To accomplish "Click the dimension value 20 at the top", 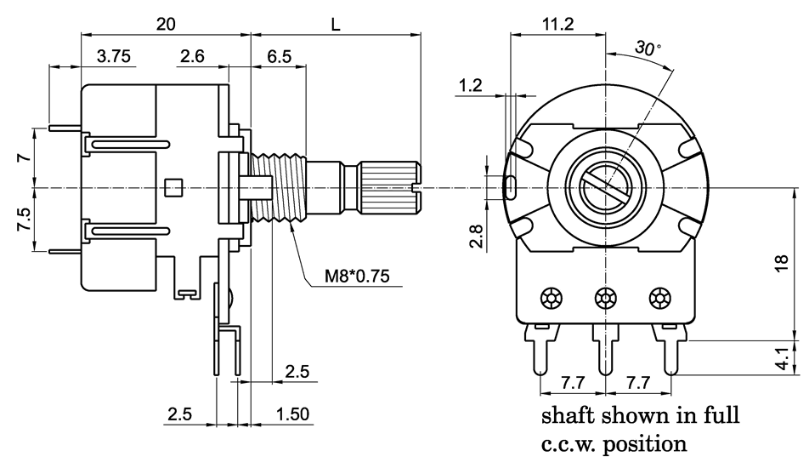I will click(x=166, y=25).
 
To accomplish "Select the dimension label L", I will click(x=337, y=25).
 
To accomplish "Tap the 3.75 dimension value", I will click(x=114, y=57).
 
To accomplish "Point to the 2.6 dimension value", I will click(x=193, y=57).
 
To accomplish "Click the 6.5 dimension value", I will click(x=280, y=57).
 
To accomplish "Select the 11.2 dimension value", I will click(x=557, y=25).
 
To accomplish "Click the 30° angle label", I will click(x=648, y=49).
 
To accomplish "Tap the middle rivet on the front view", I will click(x=606, y=299).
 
